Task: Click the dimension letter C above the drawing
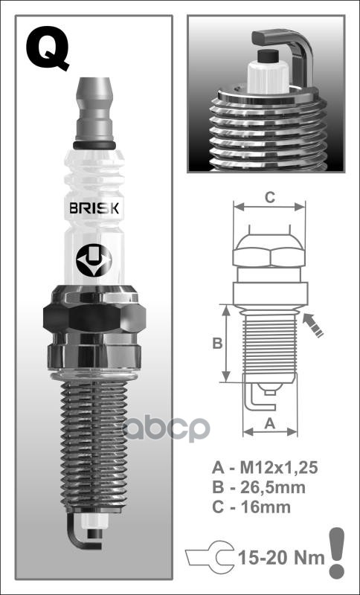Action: (x=271, y=197)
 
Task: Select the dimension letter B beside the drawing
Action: (x=217, y=344)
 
